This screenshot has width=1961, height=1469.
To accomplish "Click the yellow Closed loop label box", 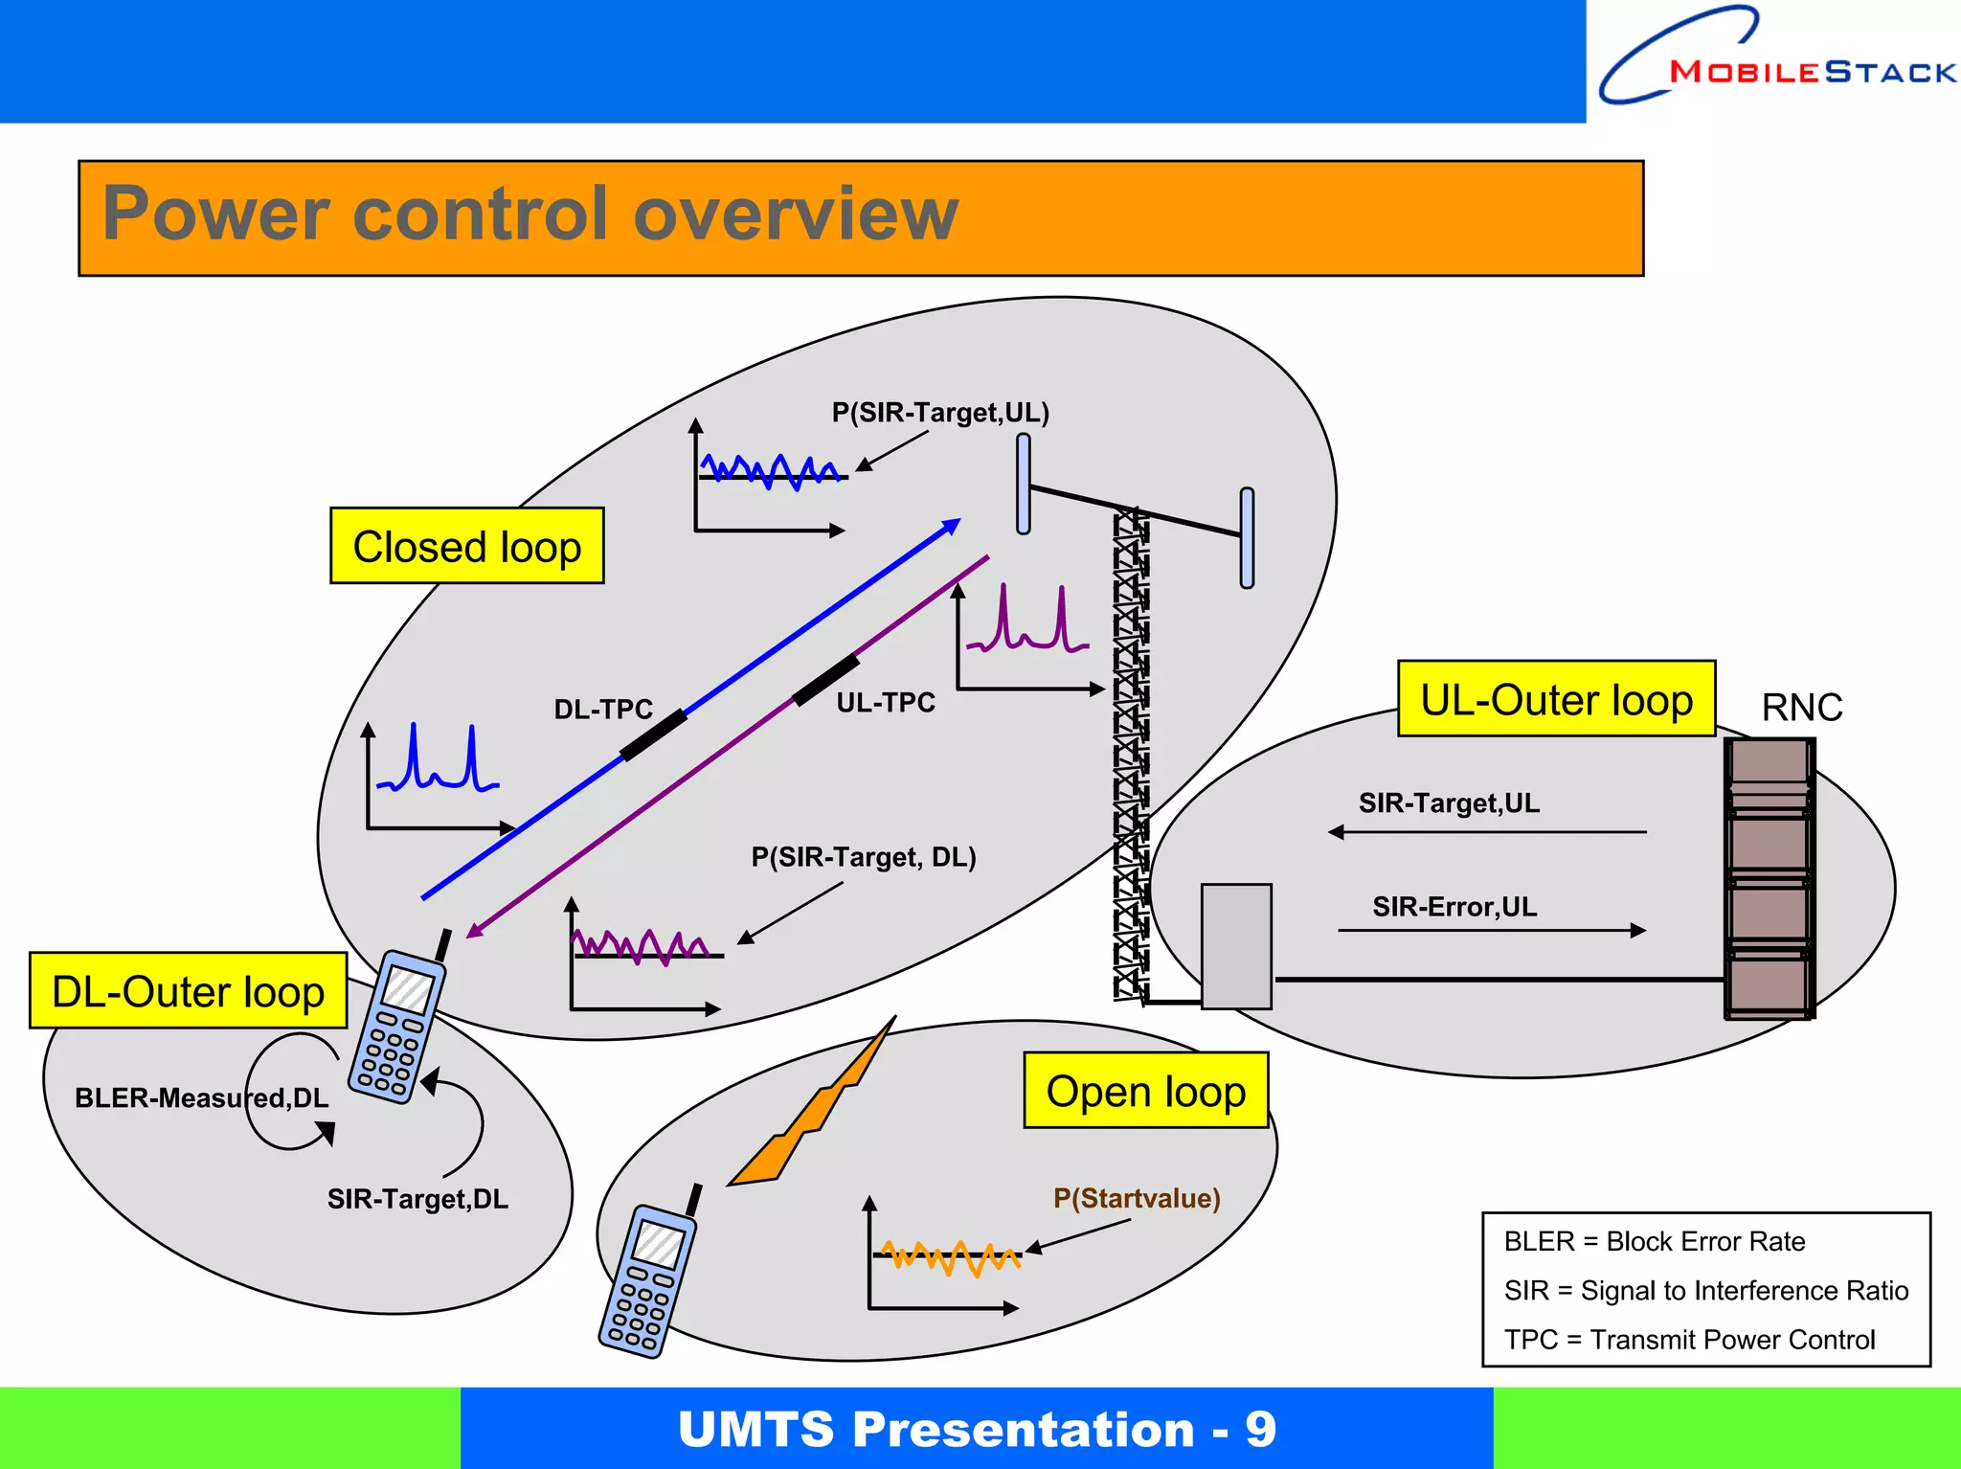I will pyautogui.click(x=466, y=546).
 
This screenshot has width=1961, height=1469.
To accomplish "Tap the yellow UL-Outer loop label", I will pyautogui.click(x=1556, y=699).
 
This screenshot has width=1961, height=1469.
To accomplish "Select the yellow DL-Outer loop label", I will pyautogui.click(x=188, y=991).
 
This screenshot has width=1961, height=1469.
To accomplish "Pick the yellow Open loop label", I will pyautogui.click(x=1145, y=1091).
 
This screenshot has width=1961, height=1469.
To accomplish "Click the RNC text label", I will pyautogui.click(x=1801, y=708).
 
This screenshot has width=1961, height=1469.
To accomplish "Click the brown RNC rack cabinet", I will pyautogui.click(x=1769, y=878).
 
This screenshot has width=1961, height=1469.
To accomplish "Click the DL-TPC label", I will pyautogui.click(x=603, y=710).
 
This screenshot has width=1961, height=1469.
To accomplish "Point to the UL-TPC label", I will pyautogui.click(x=886, y=703).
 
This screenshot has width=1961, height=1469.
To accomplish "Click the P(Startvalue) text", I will pyautogui.click(x=1137, y=1198).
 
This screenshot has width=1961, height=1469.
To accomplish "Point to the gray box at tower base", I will pyautogui.click(x=1236, y=946).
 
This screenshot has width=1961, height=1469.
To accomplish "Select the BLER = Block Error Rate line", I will pyautogui.click(x=1654, y=1242).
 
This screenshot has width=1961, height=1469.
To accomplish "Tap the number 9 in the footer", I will pyautogui.click(x=1260, y=1430).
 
